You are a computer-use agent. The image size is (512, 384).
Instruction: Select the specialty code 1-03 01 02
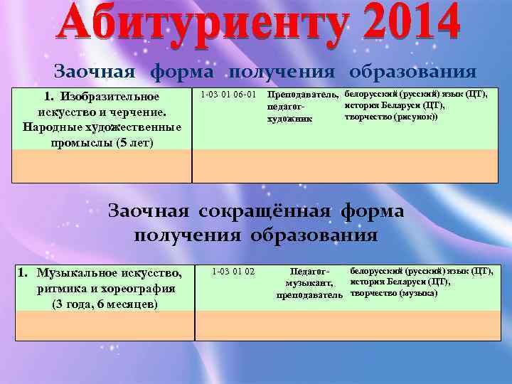coord(233,271)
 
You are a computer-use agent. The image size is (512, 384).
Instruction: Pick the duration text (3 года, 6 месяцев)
coord(105,304)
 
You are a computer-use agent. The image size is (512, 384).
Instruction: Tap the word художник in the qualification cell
coord(289,119)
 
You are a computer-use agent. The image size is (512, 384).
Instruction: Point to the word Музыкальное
coord(80,272)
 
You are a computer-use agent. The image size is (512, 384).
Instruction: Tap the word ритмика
coord(60,289)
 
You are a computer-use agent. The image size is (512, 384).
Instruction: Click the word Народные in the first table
coord(53,127)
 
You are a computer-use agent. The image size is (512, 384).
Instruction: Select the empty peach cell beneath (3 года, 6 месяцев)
coord(105,326)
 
